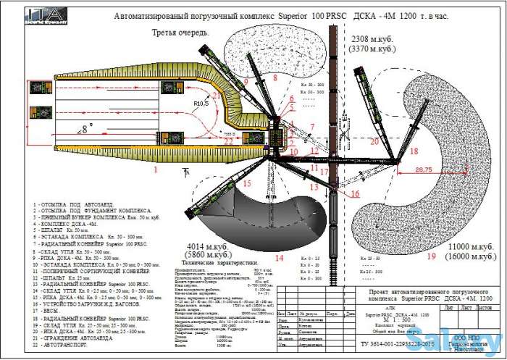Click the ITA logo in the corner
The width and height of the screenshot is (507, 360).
pyautogui.click(x=34, y=17)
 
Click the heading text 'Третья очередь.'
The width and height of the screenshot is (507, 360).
pyautogui.click(x=180, y=33)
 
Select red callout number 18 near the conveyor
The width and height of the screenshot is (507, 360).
pyautogui.click(x=413, y=151)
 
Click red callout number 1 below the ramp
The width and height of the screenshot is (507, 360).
pyautogui.click(x=154, y=169)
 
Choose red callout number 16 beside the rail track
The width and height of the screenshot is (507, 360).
pyautogui.click(x=355, y=193)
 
